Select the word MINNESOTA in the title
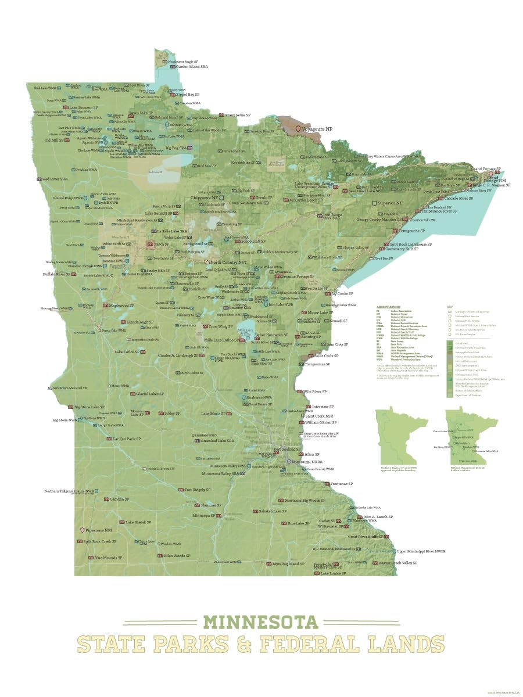coord(261,621)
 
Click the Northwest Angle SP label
coord(186,61)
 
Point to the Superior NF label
coord(390,203)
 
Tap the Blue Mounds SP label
coord(108,558)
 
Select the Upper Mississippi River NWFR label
coord(421,551)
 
